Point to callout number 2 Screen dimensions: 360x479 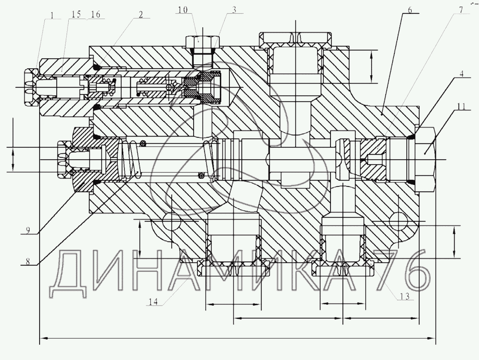point(141,14)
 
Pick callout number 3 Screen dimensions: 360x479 point(234,10)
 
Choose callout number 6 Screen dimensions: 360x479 point(410,10)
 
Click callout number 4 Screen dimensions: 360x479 point(461,73)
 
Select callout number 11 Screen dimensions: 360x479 point(461,107)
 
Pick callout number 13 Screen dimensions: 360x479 point(405,296)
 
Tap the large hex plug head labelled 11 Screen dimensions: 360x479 point(426,153)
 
